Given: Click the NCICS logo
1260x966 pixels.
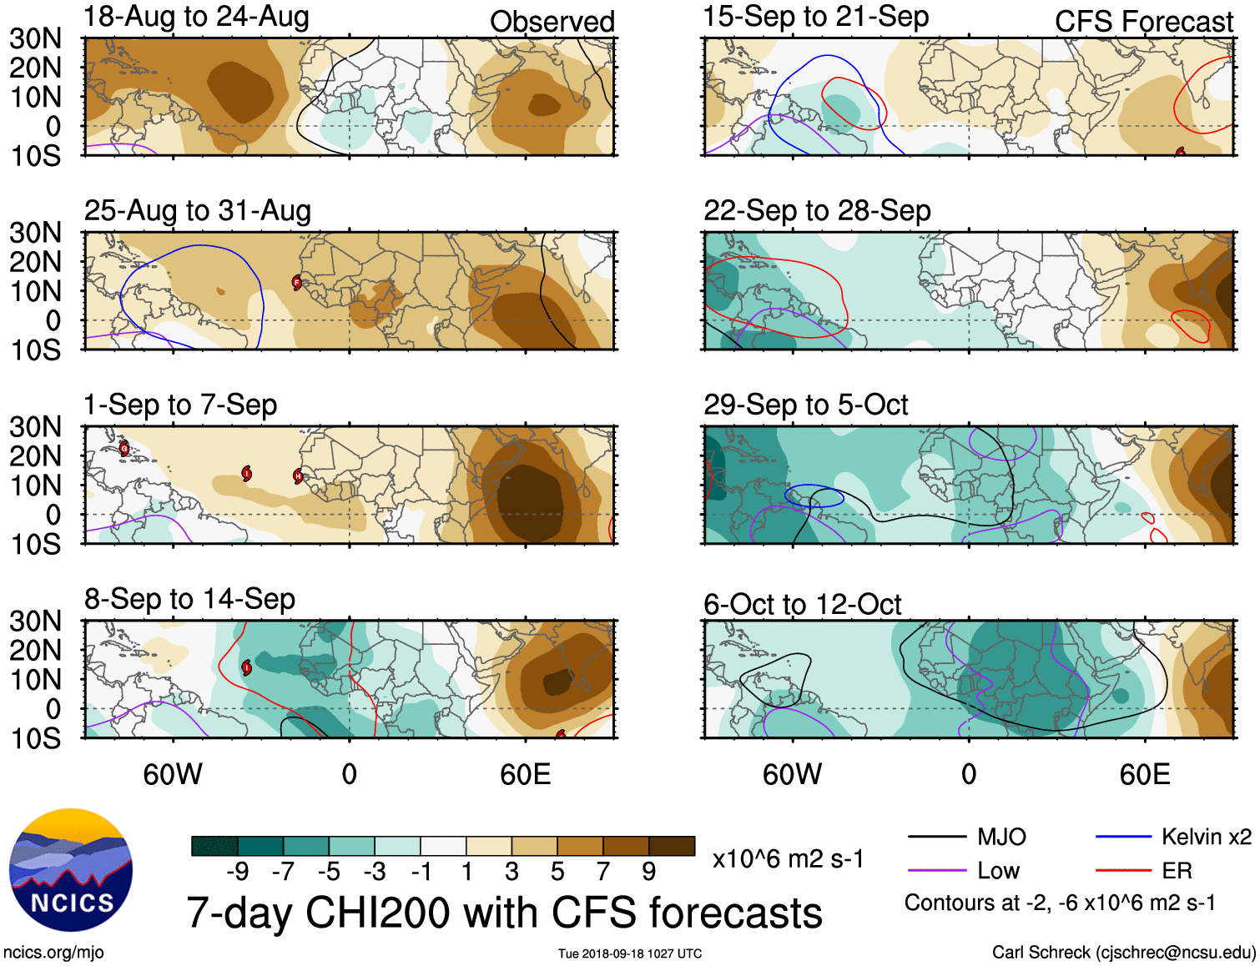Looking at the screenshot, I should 71,870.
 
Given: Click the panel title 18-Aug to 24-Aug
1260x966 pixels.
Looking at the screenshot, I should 196,17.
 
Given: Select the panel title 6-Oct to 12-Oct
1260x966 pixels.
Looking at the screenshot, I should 802,604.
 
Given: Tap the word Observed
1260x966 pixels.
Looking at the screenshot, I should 552,22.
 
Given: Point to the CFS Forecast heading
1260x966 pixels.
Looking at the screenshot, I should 1143,22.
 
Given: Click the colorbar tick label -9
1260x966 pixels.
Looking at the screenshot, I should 237,872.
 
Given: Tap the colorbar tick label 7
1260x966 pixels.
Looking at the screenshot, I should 603,872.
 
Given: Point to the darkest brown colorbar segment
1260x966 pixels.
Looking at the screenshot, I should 672,846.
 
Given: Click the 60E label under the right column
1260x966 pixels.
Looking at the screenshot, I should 1144,775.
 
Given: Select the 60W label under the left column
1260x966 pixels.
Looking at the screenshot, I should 173,775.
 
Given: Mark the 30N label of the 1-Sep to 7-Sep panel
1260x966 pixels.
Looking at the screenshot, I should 35,427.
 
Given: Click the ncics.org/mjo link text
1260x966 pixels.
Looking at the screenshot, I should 53,953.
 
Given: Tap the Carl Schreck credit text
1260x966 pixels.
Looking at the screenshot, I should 1123,953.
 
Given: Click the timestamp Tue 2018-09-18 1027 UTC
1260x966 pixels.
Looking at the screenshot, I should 630,953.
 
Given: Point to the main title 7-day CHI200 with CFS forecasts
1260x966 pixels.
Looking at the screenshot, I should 504,913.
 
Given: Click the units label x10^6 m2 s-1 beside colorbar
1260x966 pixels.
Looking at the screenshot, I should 788,858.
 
